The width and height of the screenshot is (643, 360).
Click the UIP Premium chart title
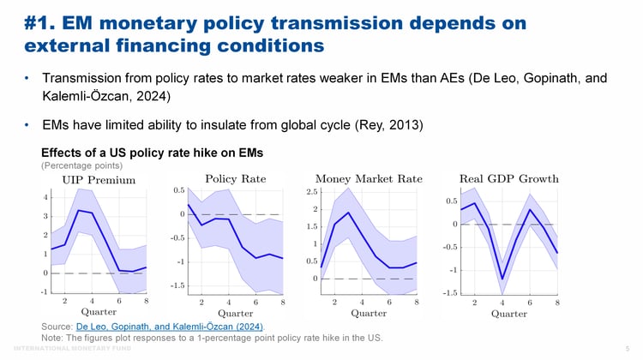pyautogui.click(x=99, y=180)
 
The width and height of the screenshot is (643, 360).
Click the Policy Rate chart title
pyautogui.click(x=236, y=179)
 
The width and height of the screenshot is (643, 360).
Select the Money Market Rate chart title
pyautogui.click(x=369, y=179)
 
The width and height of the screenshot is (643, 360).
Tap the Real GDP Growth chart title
pyautogui.click(x=509, y=179)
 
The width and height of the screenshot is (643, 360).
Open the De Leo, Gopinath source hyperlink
pyautogui.click(x=170, y=327)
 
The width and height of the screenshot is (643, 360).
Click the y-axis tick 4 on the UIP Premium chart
pyautogui.click(x=45, y=197)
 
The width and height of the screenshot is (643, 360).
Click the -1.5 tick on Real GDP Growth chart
pyautogui.click(x=448, y=292)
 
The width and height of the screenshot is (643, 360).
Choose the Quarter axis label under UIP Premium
pyautogui.click(x=99, y=313)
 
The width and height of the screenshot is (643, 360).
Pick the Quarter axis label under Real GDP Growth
pyautogui.click(x=509, y=313)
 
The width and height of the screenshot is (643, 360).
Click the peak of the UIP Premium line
pyautogui.click(x=78, y=210)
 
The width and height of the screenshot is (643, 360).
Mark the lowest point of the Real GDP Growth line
pyautogui.click(x=502, y=279)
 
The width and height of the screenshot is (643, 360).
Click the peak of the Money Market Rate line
pyautogui.click(x=348, y=213)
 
